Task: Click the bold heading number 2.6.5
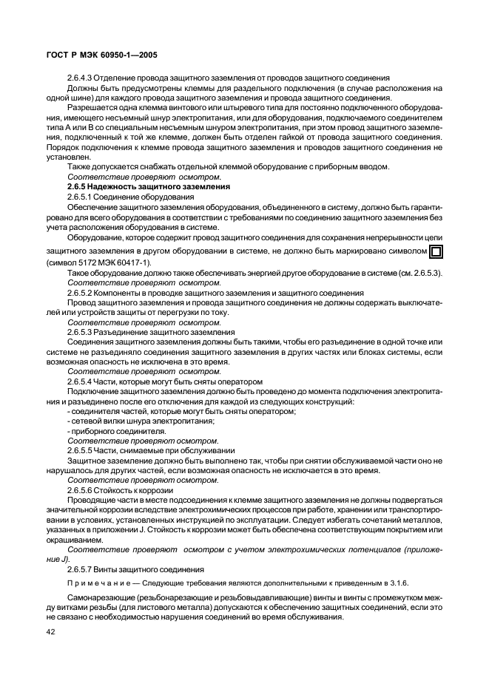(80, 187)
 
